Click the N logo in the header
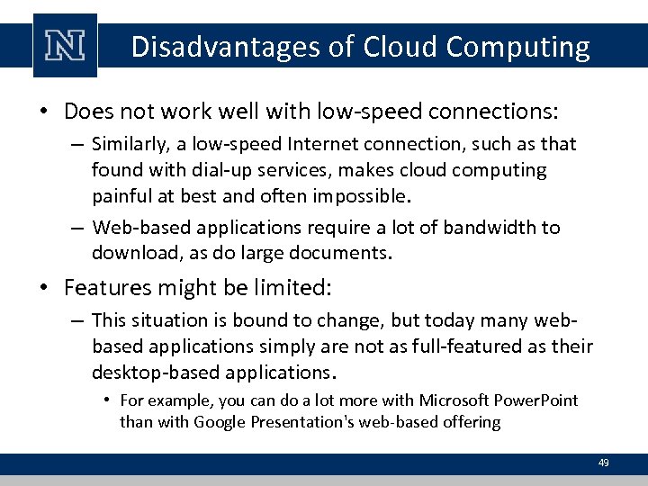coord(65,46)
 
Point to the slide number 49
coord(604,463)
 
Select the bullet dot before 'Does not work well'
coord(44,112)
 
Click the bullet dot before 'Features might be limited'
coord(44,289)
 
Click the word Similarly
coord(127,144)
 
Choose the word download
coord(130,253)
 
